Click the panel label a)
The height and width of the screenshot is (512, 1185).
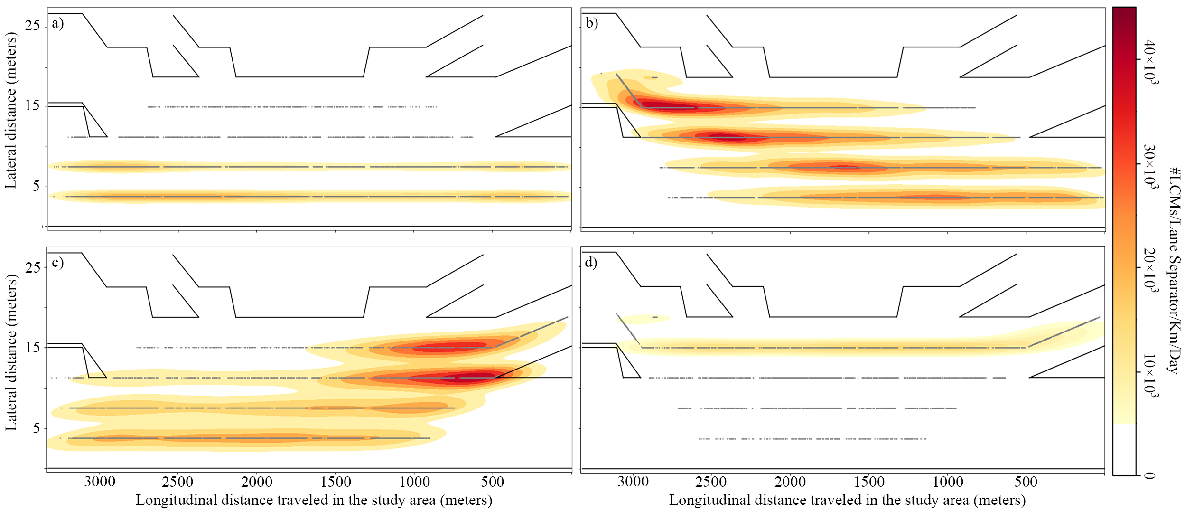(57, 23)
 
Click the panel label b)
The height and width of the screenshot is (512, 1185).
(591, 23)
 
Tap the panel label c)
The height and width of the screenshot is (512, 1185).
(57, 263)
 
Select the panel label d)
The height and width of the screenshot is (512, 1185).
(591, 263)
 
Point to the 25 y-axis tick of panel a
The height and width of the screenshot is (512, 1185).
(32, 26)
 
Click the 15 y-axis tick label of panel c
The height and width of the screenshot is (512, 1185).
(32, 348)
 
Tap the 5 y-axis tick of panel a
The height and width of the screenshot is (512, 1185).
(36, 186)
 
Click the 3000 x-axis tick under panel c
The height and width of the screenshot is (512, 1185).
(100, 482)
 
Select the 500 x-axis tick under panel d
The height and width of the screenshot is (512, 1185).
(1026, 482)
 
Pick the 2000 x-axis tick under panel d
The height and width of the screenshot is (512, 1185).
(790, 482)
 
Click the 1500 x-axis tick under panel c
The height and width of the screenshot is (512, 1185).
(336, 482)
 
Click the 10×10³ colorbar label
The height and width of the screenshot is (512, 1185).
(1150, 375)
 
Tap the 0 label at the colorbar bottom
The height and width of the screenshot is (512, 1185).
(1149, 475)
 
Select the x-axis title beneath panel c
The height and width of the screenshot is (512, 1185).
(314, 500)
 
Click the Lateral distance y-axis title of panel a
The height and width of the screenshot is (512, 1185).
(10, 110)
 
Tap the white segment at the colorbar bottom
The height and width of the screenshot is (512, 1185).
(1124, 449)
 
